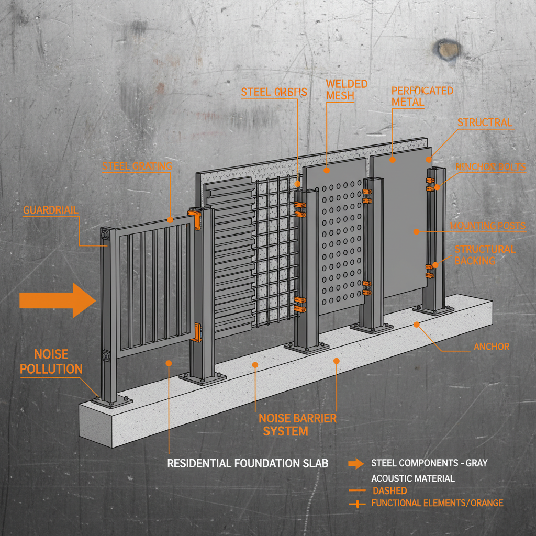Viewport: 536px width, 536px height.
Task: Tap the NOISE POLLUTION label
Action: [51, 362]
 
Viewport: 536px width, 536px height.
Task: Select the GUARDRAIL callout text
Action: [51, 210]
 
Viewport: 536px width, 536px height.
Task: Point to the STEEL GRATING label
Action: [137, 166]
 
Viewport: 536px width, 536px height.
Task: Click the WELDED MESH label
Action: [346, 90]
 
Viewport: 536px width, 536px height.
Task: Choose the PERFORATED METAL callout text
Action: [422, 96]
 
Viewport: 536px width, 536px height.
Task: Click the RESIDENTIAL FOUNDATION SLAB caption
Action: [248, 464]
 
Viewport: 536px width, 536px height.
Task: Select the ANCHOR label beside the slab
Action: [491, 347]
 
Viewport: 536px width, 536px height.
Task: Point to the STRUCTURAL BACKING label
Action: [485, 255]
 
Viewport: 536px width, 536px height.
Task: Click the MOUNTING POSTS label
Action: [488, 226]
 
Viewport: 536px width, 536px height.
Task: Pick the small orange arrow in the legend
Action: [356, 463]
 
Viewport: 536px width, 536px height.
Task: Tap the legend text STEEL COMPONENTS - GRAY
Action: [429, 463]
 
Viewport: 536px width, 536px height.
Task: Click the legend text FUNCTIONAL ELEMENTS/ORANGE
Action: [437, 503]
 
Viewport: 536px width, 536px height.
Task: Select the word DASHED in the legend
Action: [389, 491]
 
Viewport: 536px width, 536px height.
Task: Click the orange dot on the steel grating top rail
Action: [170, 220]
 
